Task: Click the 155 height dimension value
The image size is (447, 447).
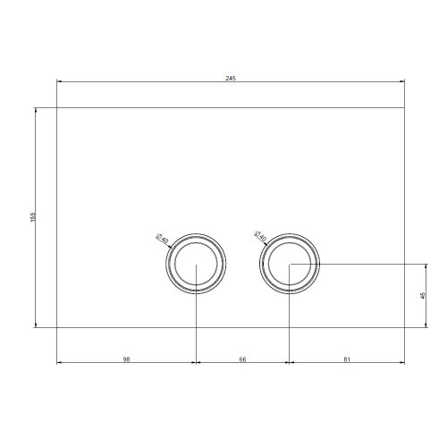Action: point(32,217)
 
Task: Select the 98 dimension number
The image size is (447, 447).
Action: point(126,358)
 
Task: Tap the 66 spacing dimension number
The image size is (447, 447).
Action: point(242,358)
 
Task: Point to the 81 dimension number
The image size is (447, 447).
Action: point(346,358)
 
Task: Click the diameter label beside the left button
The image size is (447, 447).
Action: point(162,239)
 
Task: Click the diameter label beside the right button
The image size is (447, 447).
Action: point(260,238)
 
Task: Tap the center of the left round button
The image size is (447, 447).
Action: point(196,265)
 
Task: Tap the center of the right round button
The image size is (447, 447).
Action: point(289,264)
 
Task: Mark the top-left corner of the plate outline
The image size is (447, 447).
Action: point(57,109)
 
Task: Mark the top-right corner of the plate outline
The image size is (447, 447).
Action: point(404,109)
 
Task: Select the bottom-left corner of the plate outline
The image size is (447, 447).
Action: point(57,327)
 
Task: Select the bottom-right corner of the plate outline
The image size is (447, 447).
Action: point(404,327)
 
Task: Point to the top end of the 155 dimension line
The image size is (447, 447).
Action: point(37,109)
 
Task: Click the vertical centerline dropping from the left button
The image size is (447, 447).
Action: point(196,322)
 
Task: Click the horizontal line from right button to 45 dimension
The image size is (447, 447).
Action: point(367,264)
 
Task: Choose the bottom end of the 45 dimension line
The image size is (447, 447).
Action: point(426,327)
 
